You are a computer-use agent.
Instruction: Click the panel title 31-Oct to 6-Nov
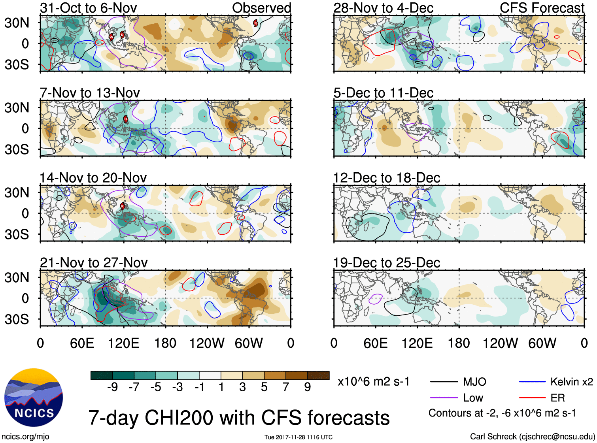tap(89, 8)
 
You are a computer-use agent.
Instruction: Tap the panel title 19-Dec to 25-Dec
tap(386, 262)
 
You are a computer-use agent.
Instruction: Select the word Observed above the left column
tap(261, 8)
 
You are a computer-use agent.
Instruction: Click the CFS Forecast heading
tap(542, 8)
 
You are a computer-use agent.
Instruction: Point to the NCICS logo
tap(33, 398)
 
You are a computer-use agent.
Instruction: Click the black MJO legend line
tap(444, 382)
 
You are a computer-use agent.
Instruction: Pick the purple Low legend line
tap(444, 398)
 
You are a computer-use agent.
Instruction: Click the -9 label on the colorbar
tap(112, 387)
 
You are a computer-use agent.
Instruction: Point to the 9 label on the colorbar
tap(307, 387)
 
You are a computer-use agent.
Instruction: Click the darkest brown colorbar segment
tap(318, 375)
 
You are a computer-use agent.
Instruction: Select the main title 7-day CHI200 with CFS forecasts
tap(239, 418)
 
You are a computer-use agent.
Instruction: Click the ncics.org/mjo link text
tap(25, 436)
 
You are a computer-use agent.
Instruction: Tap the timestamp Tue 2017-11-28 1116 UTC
tap(298, 437)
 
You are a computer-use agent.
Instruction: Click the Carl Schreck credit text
tap(532, 436)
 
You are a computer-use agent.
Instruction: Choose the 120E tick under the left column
tap(123, 343)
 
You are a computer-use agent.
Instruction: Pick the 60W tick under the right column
tap(542, 343)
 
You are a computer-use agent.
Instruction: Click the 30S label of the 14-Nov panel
tap(17, 234)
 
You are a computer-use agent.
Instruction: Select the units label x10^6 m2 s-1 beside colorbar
tap(373, 382)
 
